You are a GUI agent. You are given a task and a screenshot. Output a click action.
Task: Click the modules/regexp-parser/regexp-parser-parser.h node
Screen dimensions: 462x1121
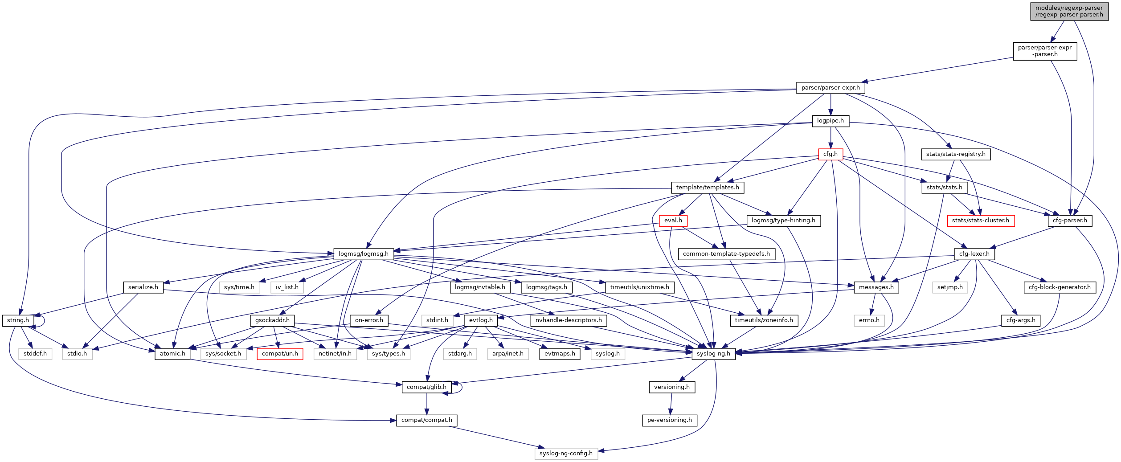pyautogui.click(x=1069, y=11)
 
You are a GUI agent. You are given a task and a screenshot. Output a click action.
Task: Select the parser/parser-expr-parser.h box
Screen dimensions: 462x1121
pyautogui.click(x=1044, y=51)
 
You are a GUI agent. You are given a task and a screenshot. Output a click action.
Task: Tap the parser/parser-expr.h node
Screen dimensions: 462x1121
pyautogui.click(x=831, y=88)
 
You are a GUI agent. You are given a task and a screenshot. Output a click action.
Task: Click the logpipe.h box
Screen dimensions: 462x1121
pyautogui.click(x=830, y=121)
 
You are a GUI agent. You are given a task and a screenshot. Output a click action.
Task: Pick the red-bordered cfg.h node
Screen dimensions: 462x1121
pyautogui.click(x=830, y=154)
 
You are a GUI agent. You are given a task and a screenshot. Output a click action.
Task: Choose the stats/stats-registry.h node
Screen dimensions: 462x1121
pyautogui.click(x=955, y=154)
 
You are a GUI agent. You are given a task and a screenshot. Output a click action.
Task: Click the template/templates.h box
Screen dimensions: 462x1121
pyautogui.click(x=707, y=188)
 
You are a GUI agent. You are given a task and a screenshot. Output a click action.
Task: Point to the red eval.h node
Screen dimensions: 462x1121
pyautogui.click(x=673, y=221)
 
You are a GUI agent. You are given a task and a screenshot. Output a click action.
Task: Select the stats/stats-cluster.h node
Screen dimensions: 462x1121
pyautogui.click(x=980, y=221)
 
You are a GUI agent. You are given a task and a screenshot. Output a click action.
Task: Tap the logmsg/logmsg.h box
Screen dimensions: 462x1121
pyautogui.click(x=363, y=254)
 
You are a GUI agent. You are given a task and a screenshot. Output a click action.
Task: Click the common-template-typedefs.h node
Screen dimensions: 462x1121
pyautogui.click(x=726, y=254)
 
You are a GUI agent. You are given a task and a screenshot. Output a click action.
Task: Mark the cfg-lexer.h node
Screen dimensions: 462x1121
pyautogui.click(x=974, y=254)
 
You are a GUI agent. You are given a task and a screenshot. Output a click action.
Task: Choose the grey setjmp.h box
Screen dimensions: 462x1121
pyautogui.click(x=949, y=287)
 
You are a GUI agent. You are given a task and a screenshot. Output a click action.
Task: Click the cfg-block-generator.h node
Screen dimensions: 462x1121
pyautogui.click(x=1059, y=287)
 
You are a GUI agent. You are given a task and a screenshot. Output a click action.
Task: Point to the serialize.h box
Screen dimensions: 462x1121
pyautogui.click(x=143, y=287)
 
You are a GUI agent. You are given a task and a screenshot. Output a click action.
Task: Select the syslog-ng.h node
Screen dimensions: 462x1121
pyautogui.click(x=713, y=354)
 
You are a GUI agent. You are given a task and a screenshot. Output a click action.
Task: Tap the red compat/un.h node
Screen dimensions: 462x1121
pyautogui.click(x=280, y=354)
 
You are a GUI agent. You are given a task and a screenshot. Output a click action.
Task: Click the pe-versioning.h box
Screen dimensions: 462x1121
pyautogui.click(x=669, y=420)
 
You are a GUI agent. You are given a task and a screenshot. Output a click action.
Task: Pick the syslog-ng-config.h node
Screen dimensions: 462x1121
pyautogui.click(x=566, y=454)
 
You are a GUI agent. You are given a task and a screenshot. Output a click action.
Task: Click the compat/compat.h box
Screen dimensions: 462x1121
pyautogui.click(x=426, y=420)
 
